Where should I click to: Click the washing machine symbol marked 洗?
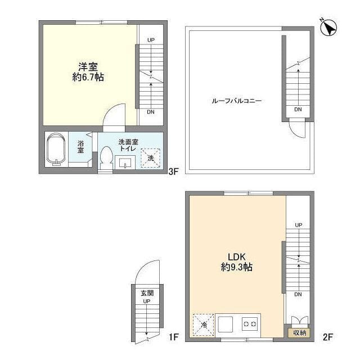150,158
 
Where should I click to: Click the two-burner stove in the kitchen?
249,324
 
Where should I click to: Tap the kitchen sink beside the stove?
226,325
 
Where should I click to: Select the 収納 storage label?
299,333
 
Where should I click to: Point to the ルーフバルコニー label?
237,101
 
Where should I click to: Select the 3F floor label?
173,173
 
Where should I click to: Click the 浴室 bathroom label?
81,147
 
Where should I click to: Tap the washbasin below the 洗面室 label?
125,162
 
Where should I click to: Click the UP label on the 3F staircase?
151,40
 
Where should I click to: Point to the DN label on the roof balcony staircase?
298,109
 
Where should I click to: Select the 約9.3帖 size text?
237,268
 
